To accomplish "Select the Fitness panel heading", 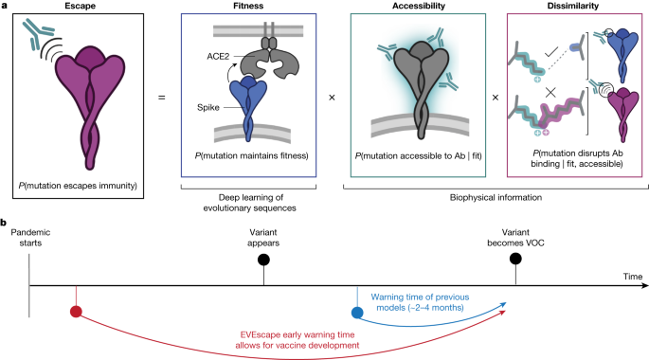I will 250,8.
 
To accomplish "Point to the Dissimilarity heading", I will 568,8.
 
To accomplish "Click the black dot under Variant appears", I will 263,258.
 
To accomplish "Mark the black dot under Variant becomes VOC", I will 515,258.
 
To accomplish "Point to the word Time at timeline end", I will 633,275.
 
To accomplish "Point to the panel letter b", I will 5,224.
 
